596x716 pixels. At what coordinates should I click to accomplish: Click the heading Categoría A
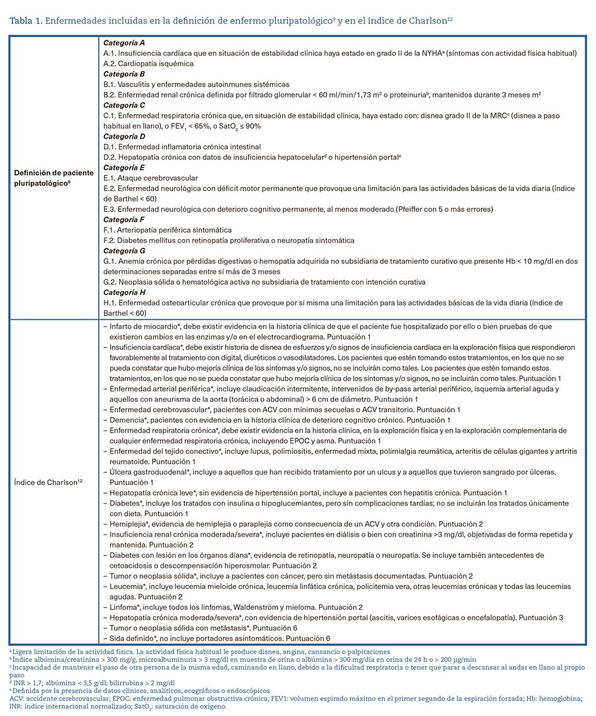(124, 43)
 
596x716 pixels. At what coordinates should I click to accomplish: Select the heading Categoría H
(124, 292)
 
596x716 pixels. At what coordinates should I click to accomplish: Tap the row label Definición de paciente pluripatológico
(54, 178)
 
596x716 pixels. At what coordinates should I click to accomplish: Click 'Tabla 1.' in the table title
(26, 21)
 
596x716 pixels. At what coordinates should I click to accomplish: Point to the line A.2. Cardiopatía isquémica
(148, 64)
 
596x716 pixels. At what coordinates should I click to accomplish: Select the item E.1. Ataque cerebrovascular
(151, 178)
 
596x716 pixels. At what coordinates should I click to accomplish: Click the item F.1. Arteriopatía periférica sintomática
(167, 230)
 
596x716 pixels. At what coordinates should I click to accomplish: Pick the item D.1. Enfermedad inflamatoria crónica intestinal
(182, 147)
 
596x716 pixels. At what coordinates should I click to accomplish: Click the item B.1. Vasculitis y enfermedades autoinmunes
(196, 84)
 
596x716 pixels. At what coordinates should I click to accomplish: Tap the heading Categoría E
(124, 167)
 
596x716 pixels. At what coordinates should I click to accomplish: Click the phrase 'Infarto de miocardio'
(143, 326)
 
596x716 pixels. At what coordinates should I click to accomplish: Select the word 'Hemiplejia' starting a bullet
(128, 524)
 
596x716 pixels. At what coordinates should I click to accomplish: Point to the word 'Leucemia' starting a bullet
(125, 586)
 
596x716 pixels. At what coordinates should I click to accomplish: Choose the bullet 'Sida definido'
(132, 638)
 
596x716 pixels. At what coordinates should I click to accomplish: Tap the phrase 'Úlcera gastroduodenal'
(147, 472)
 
